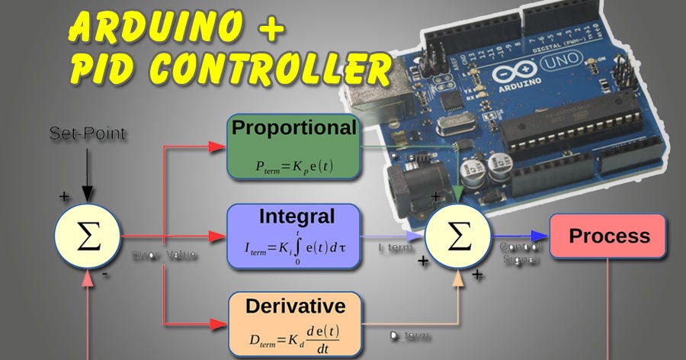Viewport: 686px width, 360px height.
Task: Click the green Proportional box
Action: click(x=294, y=147)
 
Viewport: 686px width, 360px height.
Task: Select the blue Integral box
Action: click(x=293, y=236)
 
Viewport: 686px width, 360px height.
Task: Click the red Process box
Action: click(x=608, y=236)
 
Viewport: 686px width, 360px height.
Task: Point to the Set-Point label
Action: click(x=88, y=134)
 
